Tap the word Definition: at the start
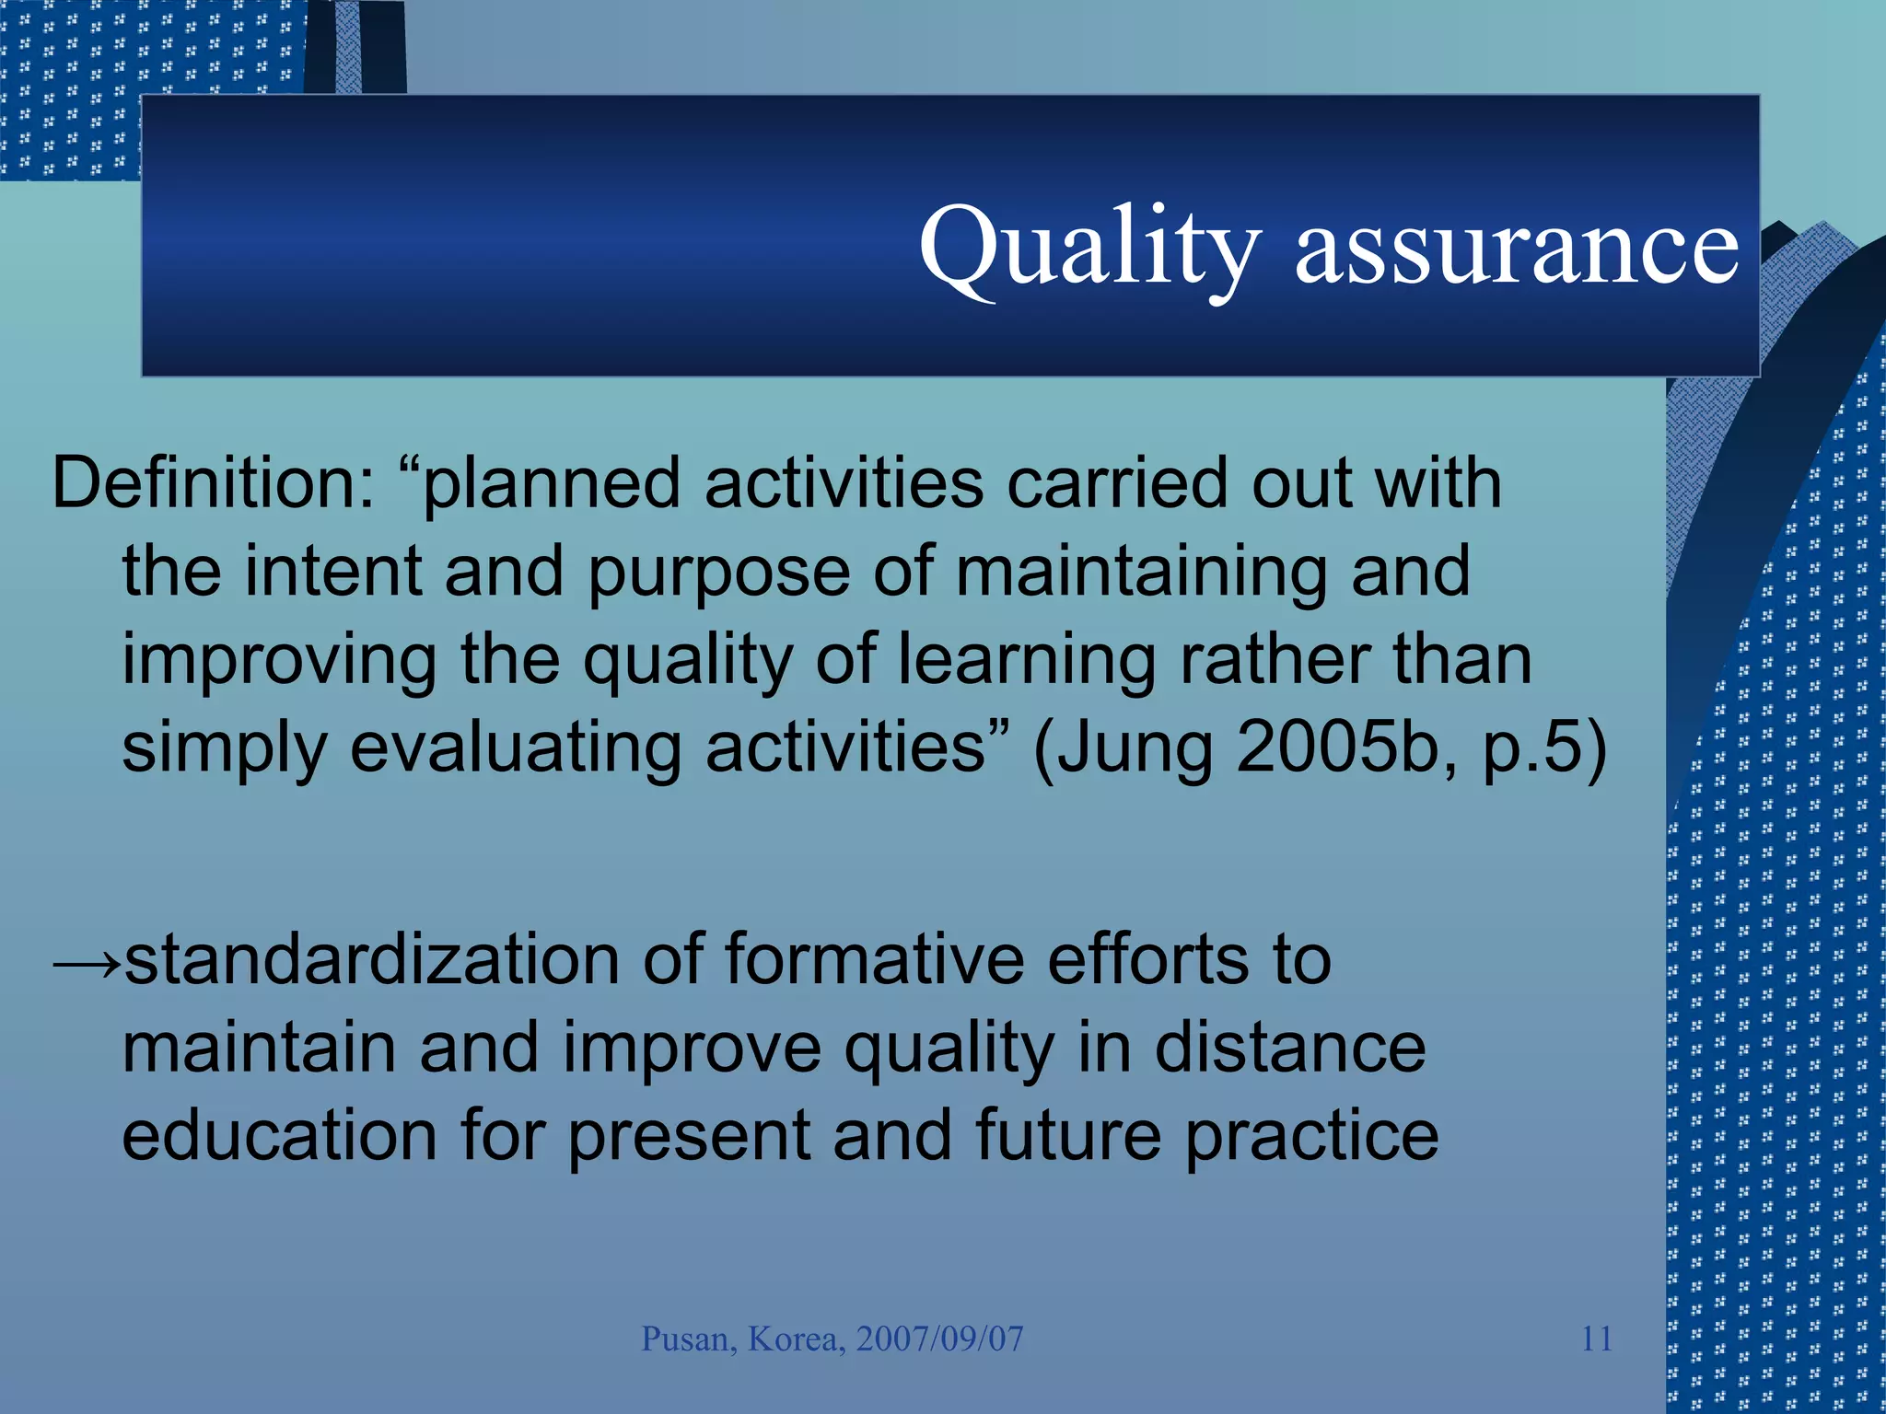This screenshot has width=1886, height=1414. tap(213, 483)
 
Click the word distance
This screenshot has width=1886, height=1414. tap(1289, 1049)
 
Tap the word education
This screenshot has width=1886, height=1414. tap(279, 1136)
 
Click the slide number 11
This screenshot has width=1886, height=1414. tap(1596, 1339)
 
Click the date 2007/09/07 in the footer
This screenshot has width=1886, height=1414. tap(939, 1339)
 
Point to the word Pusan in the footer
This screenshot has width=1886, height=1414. tap(688, 1339)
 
